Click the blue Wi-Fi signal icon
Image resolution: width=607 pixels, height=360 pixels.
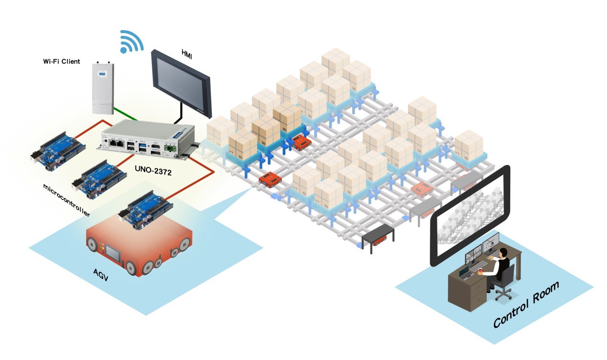pyautogui.click(x=130, y=42)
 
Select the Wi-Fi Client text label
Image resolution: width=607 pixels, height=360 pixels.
pyautogui.click(x=61, y=62)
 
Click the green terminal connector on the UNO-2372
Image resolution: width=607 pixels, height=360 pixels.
pyautogui.click(x=170, y=149)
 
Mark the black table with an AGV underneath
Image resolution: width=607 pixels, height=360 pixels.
pyautogui.click(x=378, y=235)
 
